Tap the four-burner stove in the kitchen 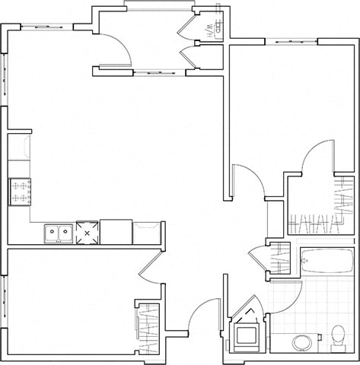[x=21, y=191]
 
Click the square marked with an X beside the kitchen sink [x=87, y=233]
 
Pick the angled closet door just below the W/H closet [x=186, y=58]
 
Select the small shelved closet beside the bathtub [x=280, y=258]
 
